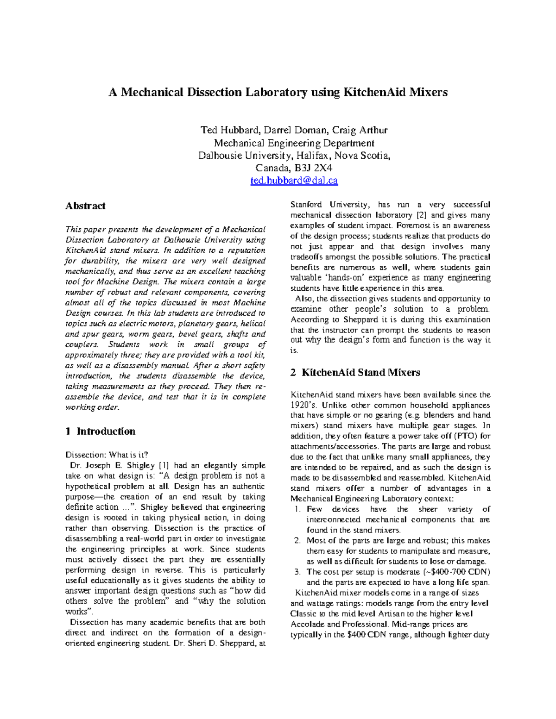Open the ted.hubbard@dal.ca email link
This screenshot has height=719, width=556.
pos(294,181)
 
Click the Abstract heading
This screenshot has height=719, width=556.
pos(85,206)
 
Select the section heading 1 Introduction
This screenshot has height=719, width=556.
pos(100,431)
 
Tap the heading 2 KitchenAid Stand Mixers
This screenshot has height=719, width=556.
pos(355,372)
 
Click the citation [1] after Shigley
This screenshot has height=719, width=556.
pos(164,465)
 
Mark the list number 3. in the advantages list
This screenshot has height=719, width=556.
pos(298,572)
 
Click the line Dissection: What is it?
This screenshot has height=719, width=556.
pos(107,455)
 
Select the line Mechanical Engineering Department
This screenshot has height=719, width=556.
pos(294,143)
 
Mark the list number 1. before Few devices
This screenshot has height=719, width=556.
pos(298,509)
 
